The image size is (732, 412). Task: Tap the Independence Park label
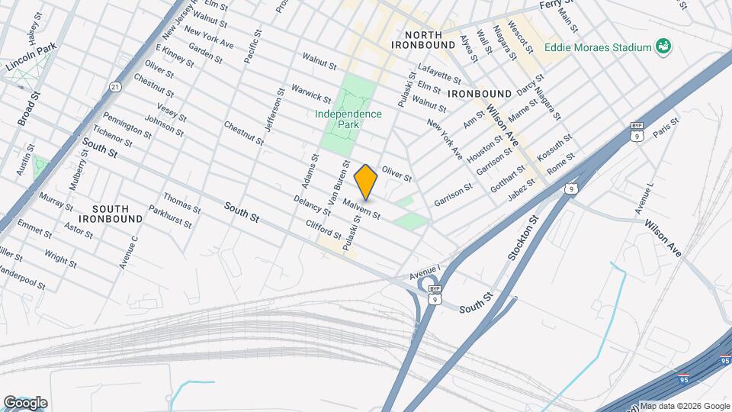tap(348, 119)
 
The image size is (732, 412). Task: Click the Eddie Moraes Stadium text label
tap(598, 47)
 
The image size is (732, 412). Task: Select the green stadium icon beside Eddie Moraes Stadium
tap(664, 47)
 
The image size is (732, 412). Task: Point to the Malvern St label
tap(361, 208)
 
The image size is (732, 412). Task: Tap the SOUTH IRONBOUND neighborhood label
tap(117, 213)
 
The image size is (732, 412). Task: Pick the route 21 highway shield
tap(114, 86)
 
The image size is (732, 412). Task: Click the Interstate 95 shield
tap(683, 378)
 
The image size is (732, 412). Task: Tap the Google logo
tap(25, 402)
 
